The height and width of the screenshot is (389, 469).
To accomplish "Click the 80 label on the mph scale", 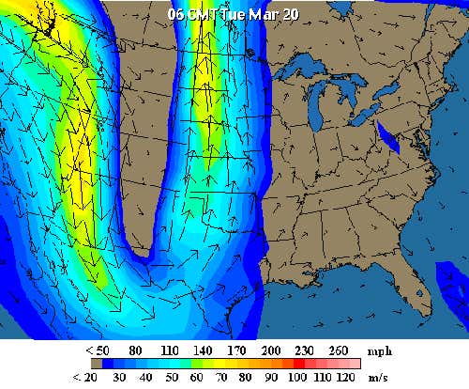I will (135, 350).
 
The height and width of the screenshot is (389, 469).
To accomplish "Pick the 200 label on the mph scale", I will (272, 350).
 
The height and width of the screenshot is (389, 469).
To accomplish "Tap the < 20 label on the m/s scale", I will (86, 377).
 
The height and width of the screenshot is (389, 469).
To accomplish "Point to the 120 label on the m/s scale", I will (348, 377).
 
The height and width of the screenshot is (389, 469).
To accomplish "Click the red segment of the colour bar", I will (299, 363).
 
